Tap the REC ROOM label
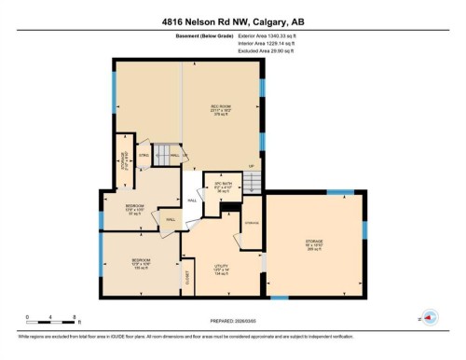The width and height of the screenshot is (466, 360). pyautogui.click(x=220, y=110)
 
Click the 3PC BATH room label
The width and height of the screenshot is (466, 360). pyautogui.click(x=222, y=187)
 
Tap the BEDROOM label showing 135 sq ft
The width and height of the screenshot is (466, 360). pyautogui.click(x=140, y=262)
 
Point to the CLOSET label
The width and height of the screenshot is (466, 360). pyautogui.click(x=188, y=277)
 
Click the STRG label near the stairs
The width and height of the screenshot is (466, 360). pyautogui.click(x=144, y=155)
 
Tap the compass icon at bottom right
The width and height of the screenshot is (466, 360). pyautogui.click(x=430, y=316)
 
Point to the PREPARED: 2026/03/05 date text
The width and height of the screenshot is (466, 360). pyautogui.click(x=233, y=325)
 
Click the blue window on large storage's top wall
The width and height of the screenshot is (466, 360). pyautogui.click(x=341, y=192)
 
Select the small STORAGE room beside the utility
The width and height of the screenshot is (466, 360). pyautogui.click(x=252, y=225)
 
